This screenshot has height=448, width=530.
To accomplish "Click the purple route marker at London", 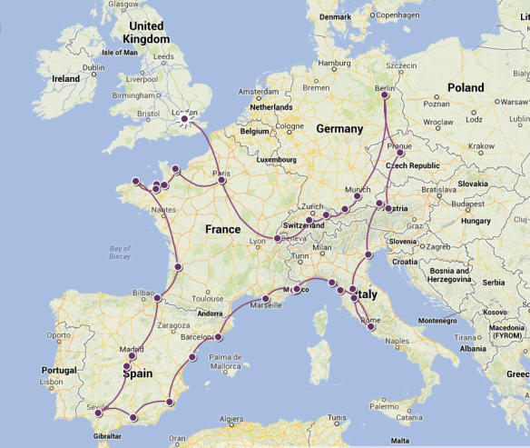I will [185, 118].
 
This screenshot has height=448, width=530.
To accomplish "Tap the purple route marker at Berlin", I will [385, 95].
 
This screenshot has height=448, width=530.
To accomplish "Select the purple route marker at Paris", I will [222, 180].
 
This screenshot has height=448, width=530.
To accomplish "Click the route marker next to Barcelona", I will [218, 337].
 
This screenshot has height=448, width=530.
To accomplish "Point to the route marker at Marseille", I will [266, 298].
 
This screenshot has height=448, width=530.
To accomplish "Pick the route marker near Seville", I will [98, 413].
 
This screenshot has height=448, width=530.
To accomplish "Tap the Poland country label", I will [466, 88].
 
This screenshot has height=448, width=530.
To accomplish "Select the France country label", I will [222, 229].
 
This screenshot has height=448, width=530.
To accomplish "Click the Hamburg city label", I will [335, 63].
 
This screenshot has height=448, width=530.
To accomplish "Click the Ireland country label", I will [65, 79].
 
